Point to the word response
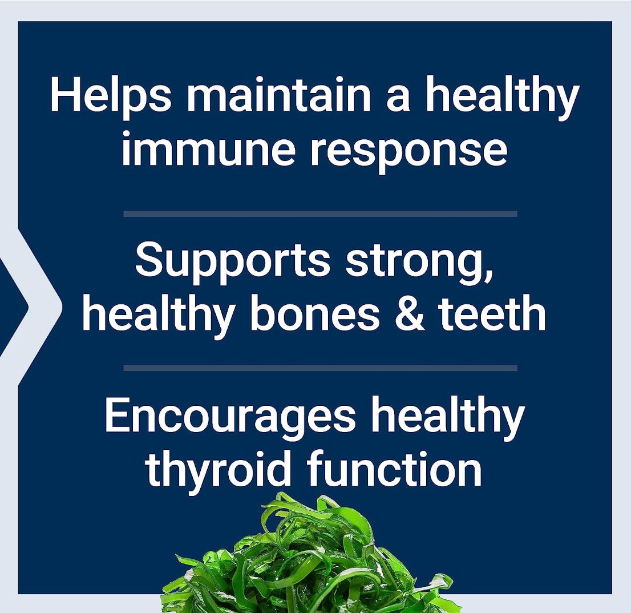click(x=408, y=150)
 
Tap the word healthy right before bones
click(x=157, y=314)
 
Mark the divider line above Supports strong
click(x=320, y=213)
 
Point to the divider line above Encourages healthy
click(x=320, y=368)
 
